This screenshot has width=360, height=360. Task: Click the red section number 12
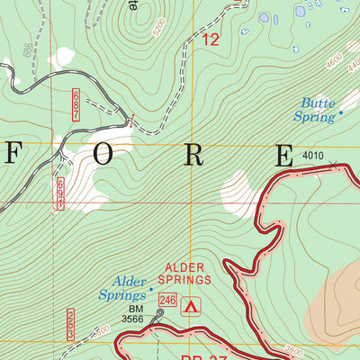pyautogui.click(x=211, y=40)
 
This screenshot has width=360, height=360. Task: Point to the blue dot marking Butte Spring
pyautogui.click(x=340, y=113)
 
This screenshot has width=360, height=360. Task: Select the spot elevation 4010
pyautogui.click(x=312, y=157)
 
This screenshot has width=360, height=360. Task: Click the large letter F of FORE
pyautogui.click(x=15, y=155)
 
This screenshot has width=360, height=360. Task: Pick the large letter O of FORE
pyautogui.click(x=104, y=155)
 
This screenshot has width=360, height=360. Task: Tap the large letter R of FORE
pyautogui.click(x=193, y=155)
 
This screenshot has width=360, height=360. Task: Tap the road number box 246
pyautogui.click(x=166, y=299)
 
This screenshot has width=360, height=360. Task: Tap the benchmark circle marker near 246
pyautogui.click(x=161, y=312)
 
